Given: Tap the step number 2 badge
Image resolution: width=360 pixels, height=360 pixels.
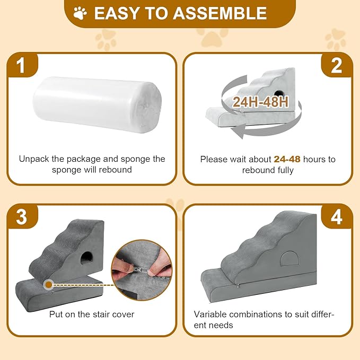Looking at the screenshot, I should (x=337, y=67).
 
